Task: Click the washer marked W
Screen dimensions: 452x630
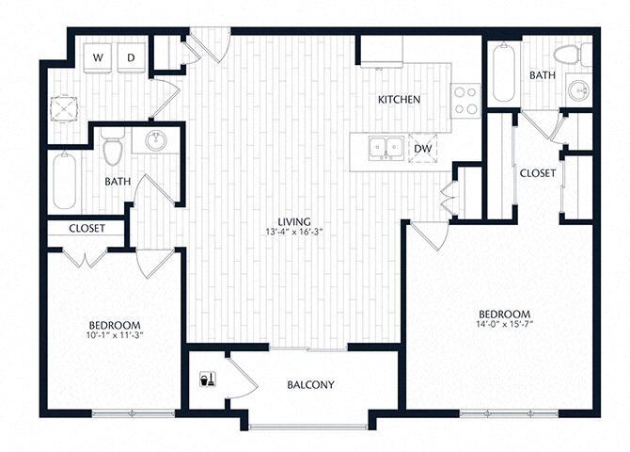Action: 98,57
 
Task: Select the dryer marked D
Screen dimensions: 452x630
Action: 133,57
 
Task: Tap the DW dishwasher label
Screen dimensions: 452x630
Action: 422,148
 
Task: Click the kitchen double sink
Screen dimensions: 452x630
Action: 386,148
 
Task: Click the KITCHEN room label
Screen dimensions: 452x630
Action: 399,100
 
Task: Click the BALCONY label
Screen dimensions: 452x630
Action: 310,385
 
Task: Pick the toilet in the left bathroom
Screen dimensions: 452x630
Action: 113,150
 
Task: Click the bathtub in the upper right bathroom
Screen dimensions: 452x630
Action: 503,73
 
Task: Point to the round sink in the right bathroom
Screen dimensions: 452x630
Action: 578,90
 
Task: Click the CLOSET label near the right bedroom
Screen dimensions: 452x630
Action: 537,173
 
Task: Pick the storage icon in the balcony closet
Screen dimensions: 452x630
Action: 206,379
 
